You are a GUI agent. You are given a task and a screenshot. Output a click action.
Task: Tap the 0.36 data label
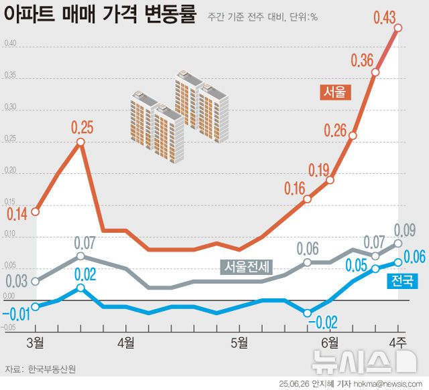point(362,61)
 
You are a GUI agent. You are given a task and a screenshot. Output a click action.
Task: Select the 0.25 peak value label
point(82,126)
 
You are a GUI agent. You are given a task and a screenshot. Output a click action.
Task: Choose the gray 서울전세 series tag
point(246,266)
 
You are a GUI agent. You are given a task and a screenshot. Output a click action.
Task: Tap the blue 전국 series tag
point(403,280)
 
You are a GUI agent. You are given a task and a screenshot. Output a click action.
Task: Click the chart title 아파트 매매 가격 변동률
point(101,15)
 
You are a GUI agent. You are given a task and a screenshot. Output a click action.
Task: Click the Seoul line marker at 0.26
point(353,136)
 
